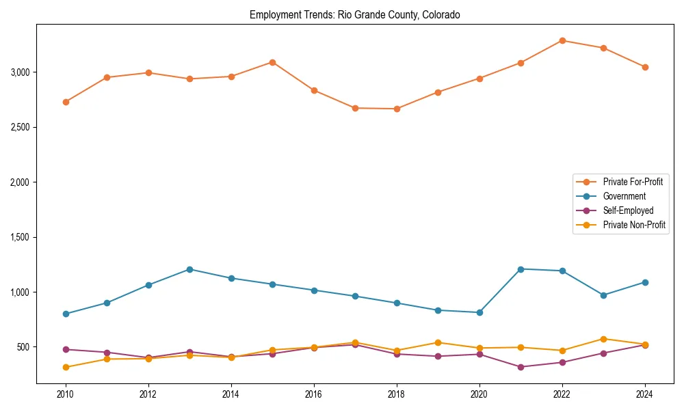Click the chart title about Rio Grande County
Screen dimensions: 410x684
pos(354,14)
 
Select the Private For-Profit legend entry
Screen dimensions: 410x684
pos(633,182)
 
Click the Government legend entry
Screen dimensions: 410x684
pos(624,196)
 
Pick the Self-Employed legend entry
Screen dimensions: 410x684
pos(628,210)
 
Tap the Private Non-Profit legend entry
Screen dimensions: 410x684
pos(634,225)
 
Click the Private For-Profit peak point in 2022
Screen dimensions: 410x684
pos(562,40)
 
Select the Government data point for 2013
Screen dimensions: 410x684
pos(189,269)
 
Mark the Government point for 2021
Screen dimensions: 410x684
pos(521,269)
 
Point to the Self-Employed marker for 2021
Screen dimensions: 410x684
pos(521,367)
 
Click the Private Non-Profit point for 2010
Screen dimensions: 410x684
pos(66,367)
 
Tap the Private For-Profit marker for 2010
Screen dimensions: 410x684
pos(66,102)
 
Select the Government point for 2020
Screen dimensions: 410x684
pos(479,312)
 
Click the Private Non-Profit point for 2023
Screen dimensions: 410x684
pos(603,339)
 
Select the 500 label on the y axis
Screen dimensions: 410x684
pos(24,347)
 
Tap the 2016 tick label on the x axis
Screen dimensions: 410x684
pos(314,394)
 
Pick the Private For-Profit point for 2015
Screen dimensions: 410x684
pos(272,62)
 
